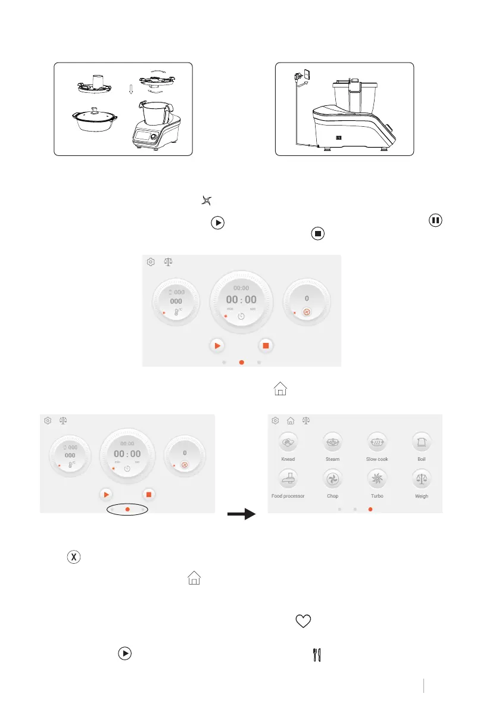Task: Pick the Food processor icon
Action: [288, 479]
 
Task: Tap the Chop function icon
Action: [332, 479]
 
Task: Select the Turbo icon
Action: [377, 479]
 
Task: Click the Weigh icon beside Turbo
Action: [422, 479]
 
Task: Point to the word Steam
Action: [332, 460]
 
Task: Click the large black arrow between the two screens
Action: [241, 514]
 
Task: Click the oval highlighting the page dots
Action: [127, 510]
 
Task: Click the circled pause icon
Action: [436, 220]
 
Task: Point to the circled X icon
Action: [74, 557]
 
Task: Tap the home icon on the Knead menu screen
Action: [291, 420]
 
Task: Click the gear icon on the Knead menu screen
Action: [275, 420]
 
